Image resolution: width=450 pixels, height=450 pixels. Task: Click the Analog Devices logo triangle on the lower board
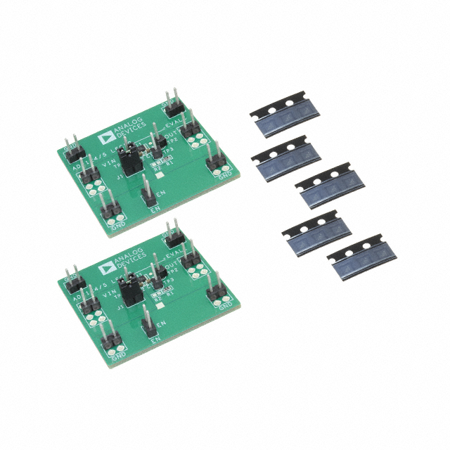[107, 263]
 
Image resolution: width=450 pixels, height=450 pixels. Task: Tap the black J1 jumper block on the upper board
[129, 161]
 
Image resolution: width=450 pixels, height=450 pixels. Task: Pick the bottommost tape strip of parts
[359, 259]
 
